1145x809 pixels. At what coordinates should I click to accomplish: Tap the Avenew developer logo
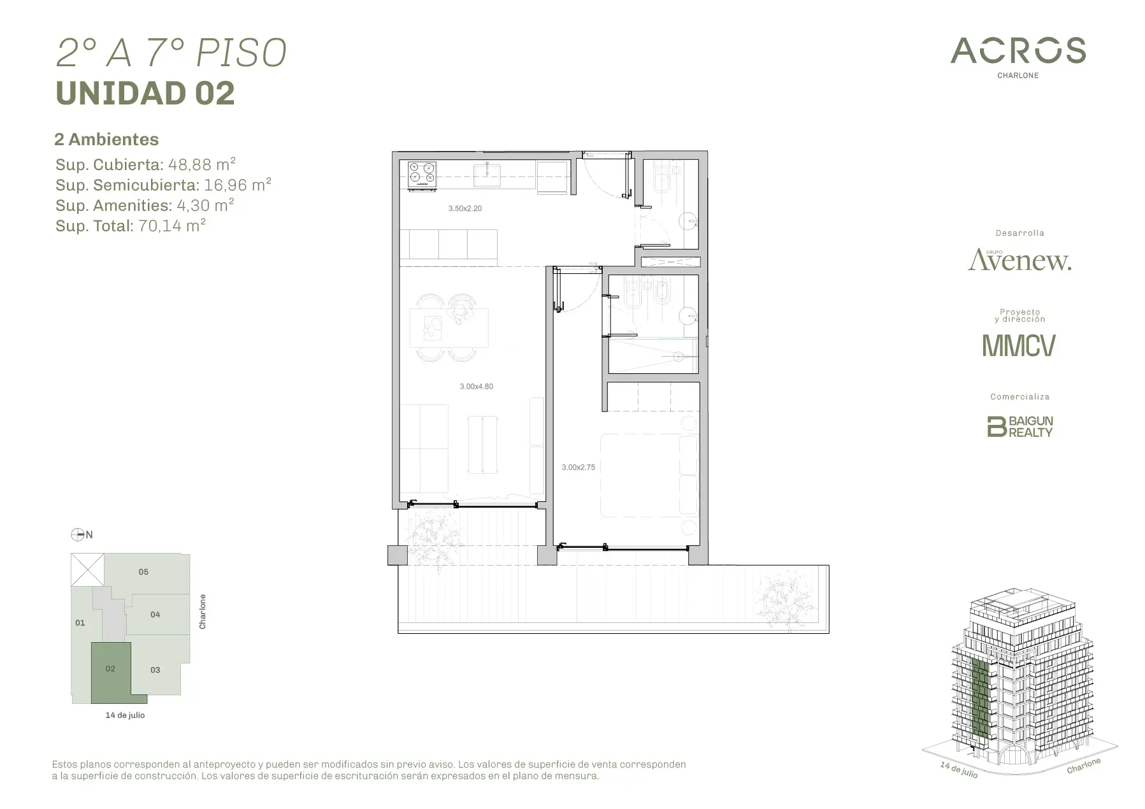tap(1019, 260)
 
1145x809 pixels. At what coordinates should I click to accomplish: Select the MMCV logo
tap(1019, 345)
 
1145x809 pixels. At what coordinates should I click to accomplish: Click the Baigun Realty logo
tap(1019, 426)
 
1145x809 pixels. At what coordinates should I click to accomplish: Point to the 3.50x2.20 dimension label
tap(464, 208)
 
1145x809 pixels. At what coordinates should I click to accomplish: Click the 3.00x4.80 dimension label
tap(476, 386)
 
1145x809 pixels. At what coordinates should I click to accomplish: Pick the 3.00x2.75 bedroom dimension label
tap(578, 467)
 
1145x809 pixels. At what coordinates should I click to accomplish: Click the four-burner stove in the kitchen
tap(422, 175)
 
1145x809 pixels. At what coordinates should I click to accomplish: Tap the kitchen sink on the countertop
tap(487, 175)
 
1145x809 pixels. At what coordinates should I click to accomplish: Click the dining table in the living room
tap(449, 327)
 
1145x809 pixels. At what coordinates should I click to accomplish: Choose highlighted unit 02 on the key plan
tap(111, 669)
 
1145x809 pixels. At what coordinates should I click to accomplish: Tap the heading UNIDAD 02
tap(145, 93)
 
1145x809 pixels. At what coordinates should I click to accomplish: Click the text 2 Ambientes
tap(106, 139)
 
